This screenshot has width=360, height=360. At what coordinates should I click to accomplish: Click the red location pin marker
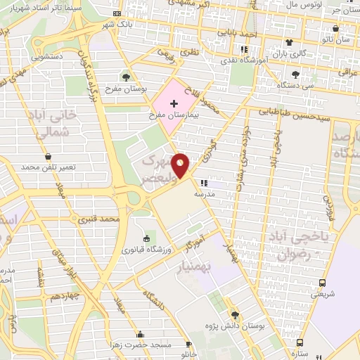point(181,165)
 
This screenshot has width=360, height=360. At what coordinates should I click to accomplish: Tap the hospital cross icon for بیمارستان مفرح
point(174,103)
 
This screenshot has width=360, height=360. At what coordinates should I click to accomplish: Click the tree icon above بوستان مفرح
point(125,77)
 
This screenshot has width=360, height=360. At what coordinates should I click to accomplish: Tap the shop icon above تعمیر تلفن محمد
point(48,156)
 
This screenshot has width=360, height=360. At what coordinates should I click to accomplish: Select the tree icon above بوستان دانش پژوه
point(235,314)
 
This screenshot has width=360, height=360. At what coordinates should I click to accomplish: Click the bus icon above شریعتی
point(322,283)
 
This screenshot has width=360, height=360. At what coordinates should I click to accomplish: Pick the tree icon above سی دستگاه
point(295,75)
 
